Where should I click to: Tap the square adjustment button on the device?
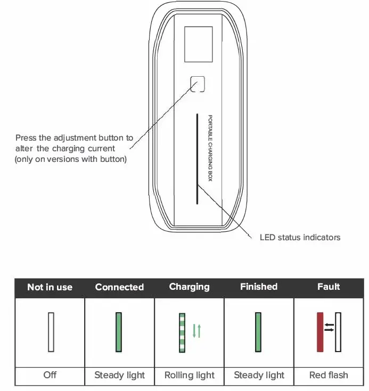198,84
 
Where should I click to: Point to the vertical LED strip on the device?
196,158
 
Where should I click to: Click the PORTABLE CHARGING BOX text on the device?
210,149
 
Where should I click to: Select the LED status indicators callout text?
300,237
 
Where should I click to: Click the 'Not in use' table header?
50,287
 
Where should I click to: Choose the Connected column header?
119,287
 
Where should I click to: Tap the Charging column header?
189,287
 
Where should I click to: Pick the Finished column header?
259,287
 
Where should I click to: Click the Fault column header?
329,287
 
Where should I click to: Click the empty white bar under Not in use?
51,332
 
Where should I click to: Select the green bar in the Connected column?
119,332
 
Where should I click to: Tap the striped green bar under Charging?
182,332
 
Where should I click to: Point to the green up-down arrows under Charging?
196,331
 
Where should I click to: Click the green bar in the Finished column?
258,332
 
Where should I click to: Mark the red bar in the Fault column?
320,332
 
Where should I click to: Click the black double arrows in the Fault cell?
330,327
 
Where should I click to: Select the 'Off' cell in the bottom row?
50,375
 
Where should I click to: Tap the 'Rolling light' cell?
189,375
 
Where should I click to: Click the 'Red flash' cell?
329,375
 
